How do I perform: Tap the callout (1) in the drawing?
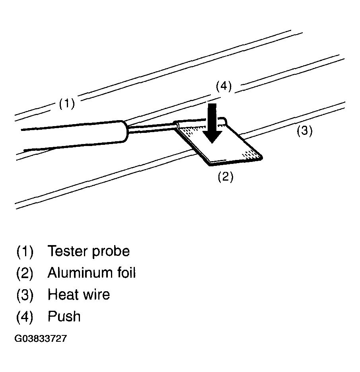67,104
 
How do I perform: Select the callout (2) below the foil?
225,177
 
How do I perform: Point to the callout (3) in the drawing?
304,131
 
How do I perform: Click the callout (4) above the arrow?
224,86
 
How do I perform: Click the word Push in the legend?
64,317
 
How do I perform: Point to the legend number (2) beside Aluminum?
25,273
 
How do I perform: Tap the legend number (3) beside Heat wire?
25,295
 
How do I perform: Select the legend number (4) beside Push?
25,317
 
